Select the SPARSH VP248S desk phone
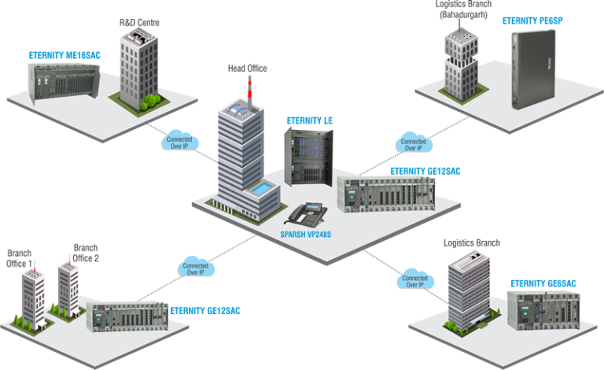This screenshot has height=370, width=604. click(308, 213)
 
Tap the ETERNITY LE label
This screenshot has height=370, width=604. click(310, 120)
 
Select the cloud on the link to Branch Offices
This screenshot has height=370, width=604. click(194, 268)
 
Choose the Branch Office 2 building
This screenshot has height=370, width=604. click(69, 287)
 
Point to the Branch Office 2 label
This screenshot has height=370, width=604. click(86, 252)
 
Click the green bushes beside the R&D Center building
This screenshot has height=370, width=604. click(149, 101)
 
